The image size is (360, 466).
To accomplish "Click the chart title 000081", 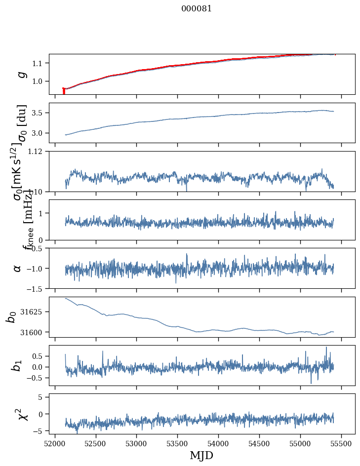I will [197, 8].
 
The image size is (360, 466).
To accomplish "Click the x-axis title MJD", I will [201, 455].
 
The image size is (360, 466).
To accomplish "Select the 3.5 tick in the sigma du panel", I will [38, 113].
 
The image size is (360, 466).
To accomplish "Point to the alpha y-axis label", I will [18, 268].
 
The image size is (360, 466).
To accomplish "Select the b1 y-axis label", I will [17, 365].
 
